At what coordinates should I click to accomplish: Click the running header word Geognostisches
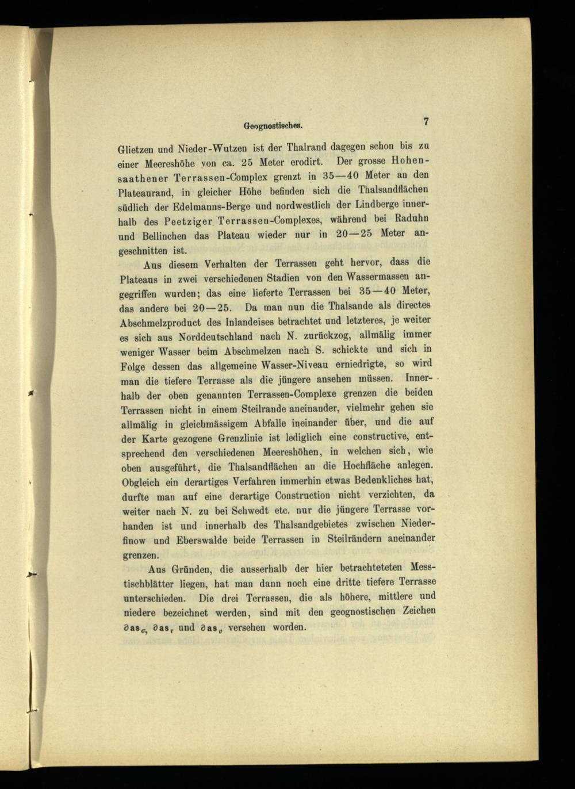tap(274, 124)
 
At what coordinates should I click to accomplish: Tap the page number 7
tap(426, 121)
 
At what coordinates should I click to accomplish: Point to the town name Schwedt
tap(273, 510)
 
